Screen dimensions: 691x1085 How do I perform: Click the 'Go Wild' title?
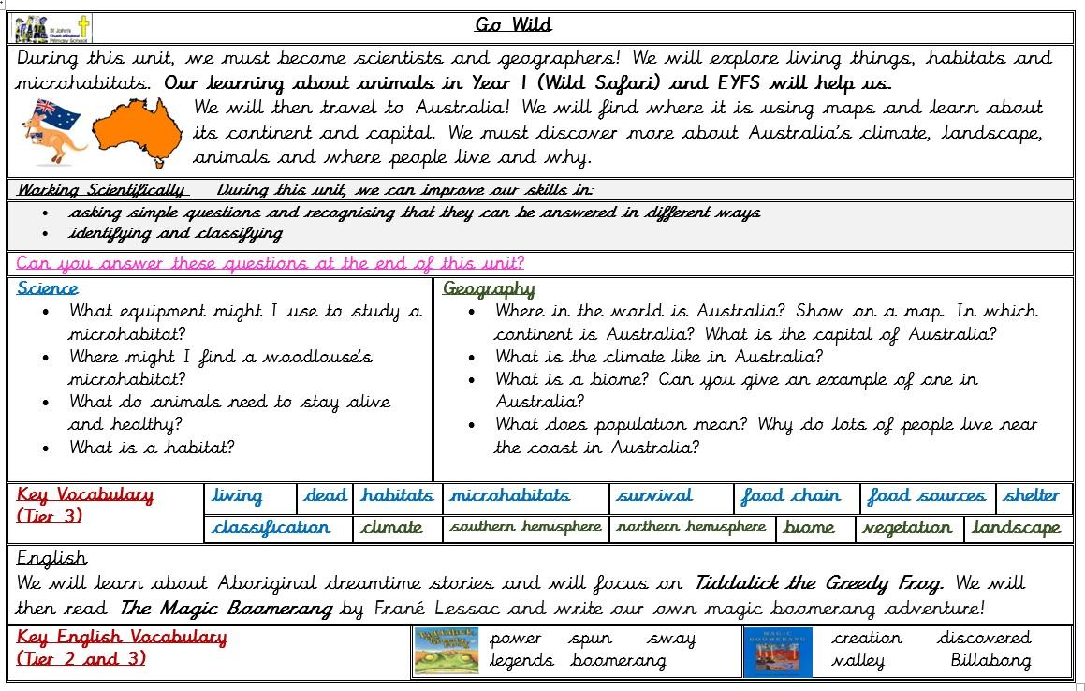click(x=513, y=25)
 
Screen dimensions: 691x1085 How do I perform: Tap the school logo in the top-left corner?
click(x=51, y=28)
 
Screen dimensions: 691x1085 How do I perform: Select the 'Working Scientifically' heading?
click(x=101, y=190)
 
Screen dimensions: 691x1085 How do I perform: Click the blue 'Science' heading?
click(x=48, y=288)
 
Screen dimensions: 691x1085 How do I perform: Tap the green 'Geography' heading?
click(x=489, y=288)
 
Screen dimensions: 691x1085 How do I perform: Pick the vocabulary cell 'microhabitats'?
click(x=509, y=496)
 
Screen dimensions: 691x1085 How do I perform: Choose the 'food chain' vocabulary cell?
click(x=790, y=496)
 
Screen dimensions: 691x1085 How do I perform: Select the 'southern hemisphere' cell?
click(x=525, y=527)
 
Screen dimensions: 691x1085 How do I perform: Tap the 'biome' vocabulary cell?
click(x=809, y=528)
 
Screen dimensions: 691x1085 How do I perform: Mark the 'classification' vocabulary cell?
click(x=271, y=528)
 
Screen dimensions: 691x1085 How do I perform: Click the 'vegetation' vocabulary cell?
click(x=907, y=528)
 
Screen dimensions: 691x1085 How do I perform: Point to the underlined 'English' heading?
click(x=52, y=558)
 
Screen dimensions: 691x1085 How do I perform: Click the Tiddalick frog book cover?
click(x=446, y=651)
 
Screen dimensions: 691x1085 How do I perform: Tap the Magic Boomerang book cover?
click(x=777, y=651)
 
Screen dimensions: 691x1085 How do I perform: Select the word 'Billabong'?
click(x=990, y=661)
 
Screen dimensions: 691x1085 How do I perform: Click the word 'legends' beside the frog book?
click(x=521, y=661)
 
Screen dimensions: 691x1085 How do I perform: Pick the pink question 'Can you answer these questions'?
click(x=271, y=263)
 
